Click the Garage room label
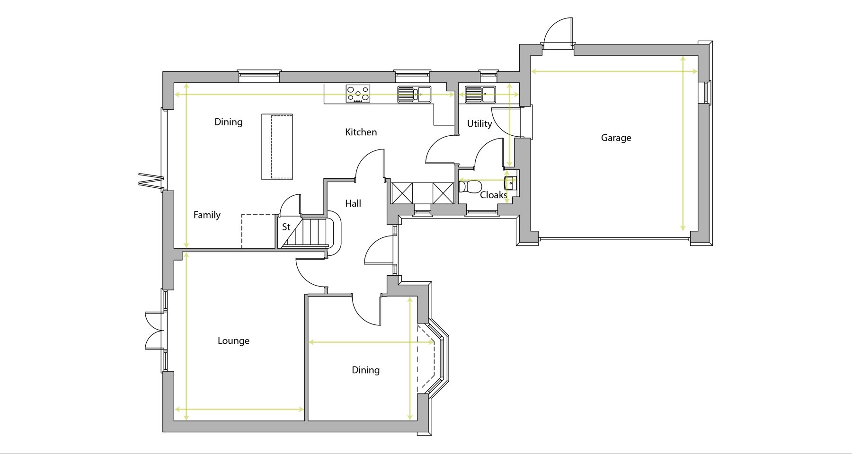[616, 138]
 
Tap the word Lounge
[233, 341]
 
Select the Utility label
[479, 124]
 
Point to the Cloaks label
[494, 195]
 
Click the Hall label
[353, 203]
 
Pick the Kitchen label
[361, 132]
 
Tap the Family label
[207, 215]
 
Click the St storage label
[286, 227]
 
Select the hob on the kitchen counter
[358, 94]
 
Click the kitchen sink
[414, 94]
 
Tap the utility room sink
[480, 94]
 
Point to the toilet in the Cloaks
[469, 186]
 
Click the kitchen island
[277, 147]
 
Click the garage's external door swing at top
[558, 32]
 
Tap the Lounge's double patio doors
[154, 331]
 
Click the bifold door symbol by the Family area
[151, 180]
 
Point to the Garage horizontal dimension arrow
[614, 71]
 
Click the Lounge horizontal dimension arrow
[240, 410]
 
